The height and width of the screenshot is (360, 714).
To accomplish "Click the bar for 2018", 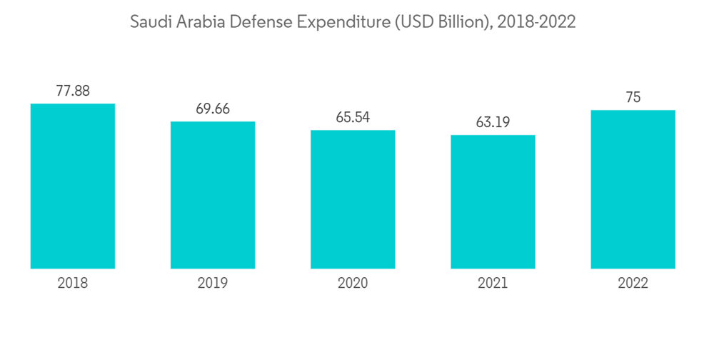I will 73,186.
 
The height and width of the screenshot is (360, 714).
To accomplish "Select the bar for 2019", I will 213,195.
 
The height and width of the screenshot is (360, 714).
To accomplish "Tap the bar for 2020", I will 353,199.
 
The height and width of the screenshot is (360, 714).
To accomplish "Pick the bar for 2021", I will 493,201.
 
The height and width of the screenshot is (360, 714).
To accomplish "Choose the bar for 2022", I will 633,189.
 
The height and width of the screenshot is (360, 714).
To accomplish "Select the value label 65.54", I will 353,117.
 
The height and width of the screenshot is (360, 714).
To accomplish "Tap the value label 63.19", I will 493,122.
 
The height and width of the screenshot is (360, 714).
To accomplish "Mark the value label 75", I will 633,98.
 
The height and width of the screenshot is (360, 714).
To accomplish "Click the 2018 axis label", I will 73,283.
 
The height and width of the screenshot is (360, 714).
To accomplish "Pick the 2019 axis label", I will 213,283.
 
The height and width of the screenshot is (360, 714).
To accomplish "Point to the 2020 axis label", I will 353,283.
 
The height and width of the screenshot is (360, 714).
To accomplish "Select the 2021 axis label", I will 493,283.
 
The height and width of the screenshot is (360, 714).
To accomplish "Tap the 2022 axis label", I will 633,283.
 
